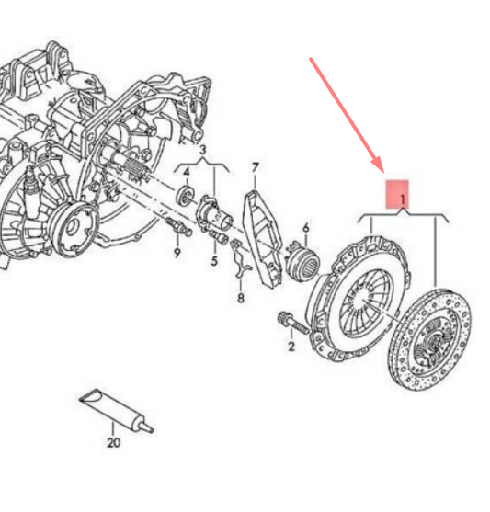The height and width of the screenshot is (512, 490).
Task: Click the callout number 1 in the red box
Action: [402, 195]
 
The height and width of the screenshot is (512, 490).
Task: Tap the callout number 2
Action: [291, 347]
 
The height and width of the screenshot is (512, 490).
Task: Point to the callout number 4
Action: [187, 171]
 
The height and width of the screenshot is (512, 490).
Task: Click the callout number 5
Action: [214, 261]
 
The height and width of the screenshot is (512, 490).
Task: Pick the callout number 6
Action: [305, 227]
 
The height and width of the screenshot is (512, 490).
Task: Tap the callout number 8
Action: [240, 298]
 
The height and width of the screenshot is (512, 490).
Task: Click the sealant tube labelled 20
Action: [110, 408]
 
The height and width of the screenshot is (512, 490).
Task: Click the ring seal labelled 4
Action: [184, 196]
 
